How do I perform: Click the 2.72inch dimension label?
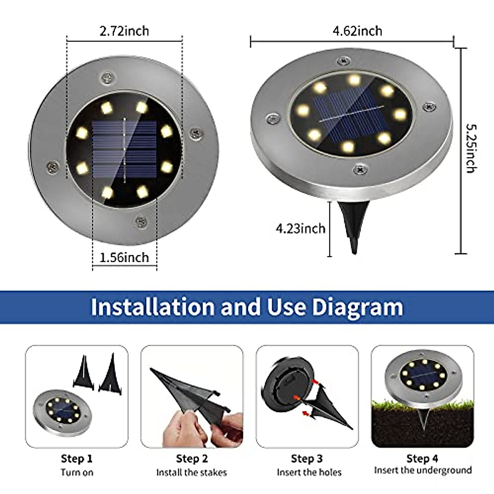tap(124, 31)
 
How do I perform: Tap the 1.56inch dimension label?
tap(124, 257)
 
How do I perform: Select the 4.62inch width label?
tap(357, 31)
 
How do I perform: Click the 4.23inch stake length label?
tap(301, 228)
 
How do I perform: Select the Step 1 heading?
tap(77, 459)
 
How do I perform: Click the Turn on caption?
tap(77, 472)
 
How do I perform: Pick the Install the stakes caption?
tap(191, 472)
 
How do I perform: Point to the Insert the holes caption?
tap(309, 472)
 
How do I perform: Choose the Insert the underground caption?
tap(423, 470)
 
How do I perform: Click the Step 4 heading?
tap(422, 459)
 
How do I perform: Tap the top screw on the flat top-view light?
tap(107, 77)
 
